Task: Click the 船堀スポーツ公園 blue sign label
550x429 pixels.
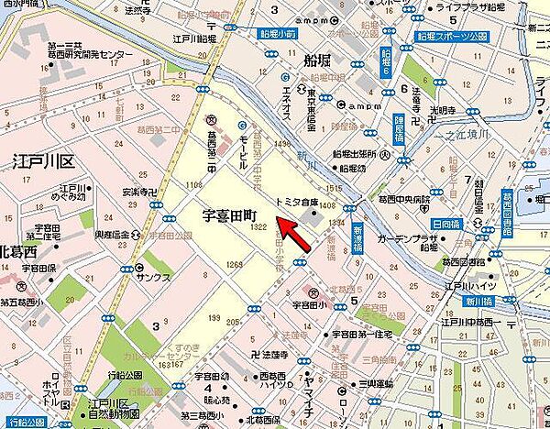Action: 456,38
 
